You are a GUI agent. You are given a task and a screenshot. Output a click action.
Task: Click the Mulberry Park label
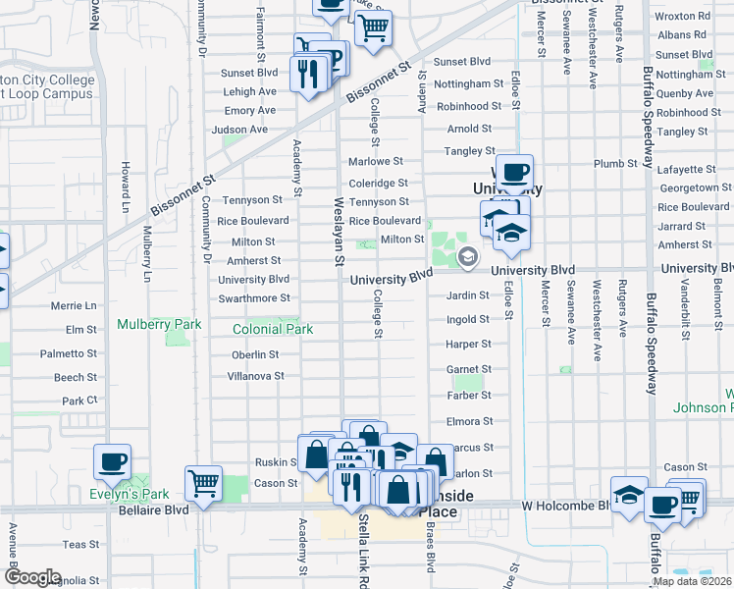(x=159, y=324)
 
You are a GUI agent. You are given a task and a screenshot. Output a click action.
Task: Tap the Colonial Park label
(x=273, y=329)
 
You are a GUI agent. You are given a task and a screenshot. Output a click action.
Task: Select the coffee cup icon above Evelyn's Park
(x=112, y=461)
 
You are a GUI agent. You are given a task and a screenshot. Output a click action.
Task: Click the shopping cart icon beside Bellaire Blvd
(x=203, y=481)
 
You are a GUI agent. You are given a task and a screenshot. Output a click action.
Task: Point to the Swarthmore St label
(x=254, y=298)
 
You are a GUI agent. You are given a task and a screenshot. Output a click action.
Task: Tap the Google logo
(x=31, y=577)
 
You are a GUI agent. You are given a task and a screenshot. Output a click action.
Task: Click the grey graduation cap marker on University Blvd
(x=468, y=257)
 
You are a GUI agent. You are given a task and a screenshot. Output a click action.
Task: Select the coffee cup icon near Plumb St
(x=513, y=173)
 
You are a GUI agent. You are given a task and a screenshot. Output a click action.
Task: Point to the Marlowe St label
(x=376, y=161)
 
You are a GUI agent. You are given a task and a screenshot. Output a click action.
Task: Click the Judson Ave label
(x=239, y=130)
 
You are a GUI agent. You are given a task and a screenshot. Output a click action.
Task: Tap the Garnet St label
(x=468, y=370)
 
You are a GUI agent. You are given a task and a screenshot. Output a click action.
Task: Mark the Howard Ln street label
(x=125, y=187)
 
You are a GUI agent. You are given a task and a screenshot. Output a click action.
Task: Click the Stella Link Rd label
(x=363, y=550)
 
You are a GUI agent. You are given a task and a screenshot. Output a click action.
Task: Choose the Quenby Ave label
(x=688, y=94)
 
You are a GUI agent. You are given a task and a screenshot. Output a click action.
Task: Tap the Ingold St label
(x=467, y=320)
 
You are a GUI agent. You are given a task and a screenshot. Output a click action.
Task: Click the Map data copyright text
(x=692, y=581)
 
